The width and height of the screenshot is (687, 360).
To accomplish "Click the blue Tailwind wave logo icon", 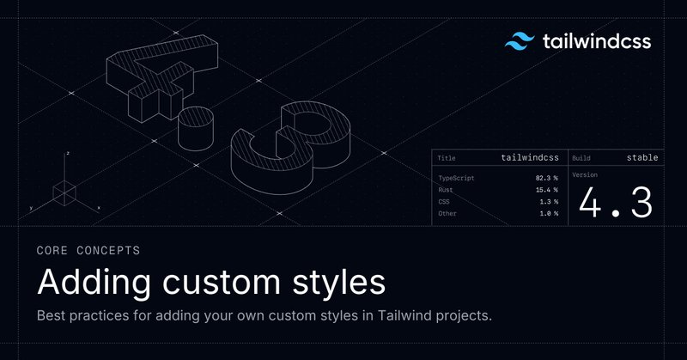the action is click(520, 41).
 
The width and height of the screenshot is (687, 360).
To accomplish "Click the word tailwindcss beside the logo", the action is click(597, 41).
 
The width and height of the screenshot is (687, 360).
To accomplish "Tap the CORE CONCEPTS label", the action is click(88, 250).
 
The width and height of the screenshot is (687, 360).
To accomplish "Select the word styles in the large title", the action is click(338, 283).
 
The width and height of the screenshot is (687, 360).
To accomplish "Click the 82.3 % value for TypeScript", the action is click(547, 178).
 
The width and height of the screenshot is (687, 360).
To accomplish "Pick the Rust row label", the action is click(446, 190).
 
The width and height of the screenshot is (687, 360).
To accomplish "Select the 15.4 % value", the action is click(547, 190).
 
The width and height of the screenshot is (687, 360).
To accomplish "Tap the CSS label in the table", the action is click(444, 202).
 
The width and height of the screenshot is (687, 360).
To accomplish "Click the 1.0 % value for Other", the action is click(549, 214).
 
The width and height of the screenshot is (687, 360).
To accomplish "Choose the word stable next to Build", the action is click(642, 158).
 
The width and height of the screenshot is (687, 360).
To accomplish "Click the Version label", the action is click(585, 175).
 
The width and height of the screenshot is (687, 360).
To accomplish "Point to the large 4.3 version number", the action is click(616, 202).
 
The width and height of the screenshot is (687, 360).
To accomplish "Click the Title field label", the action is click(447, 158).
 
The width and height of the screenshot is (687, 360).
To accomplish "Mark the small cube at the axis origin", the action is click(64, 193).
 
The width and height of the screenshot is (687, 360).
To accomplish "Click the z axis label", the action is click(68, 154).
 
